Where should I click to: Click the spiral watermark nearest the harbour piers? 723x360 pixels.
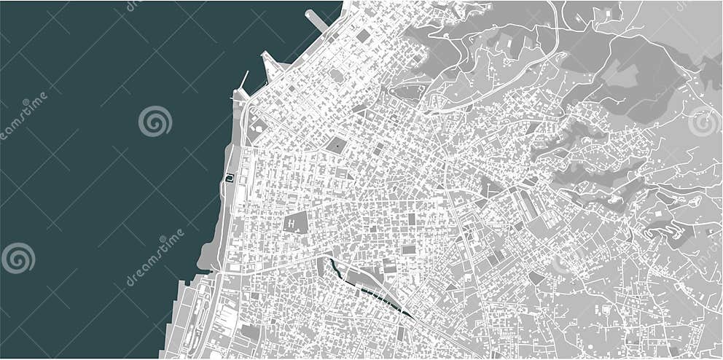click(155, 121)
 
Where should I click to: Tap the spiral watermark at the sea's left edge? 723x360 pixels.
click(17, 258)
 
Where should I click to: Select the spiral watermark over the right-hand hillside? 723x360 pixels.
click(704, 121)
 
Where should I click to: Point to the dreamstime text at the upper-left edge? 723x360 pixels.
click(22, 117)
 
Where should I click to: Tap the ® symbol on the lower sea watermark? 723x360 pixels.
click(162, 238)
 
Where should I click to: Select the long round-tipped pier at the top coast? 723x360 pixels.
click(317, 20)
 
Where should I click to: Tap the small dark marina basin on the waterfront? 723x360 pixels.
click(230, 177)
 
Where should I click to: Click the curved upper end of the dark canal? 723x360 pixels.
click(334, 265)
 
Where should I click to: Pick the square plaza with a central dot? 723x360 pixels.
click(336, 144)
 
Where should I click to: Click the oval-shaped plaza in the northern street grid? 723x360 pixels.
click(336, 75)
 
